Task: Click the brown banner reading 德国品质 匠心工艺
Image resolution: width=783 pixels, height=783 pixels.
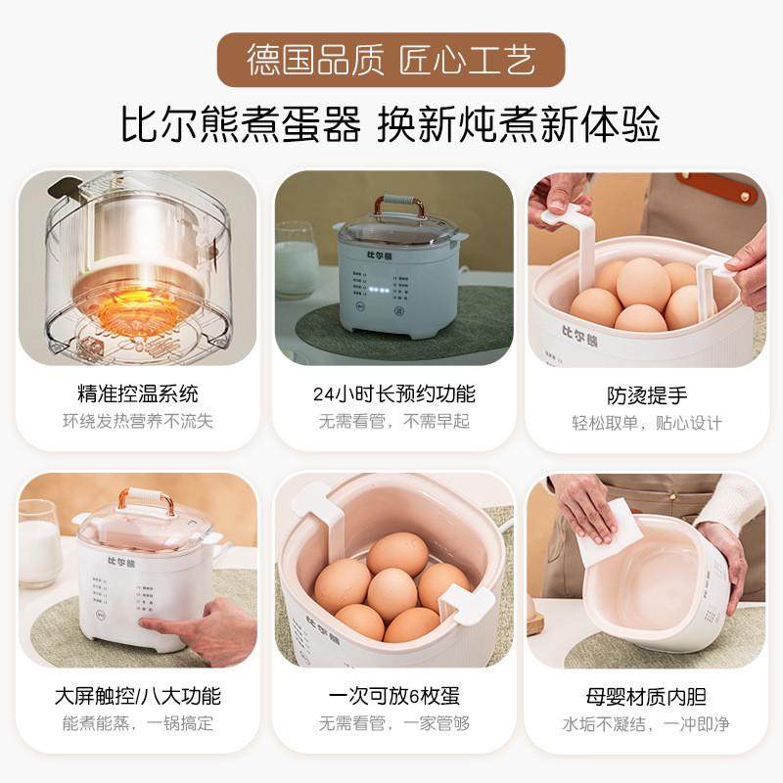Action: point(391,60)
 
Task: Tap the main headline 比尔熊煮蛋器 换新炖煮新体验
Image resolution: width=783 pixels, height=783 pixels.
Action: point(391,125)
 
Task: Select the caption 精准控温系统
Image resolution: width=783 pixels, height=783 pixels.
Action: point(138,394)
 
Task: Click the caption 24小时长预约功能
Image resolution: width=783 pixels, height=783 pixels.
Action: point(394,394)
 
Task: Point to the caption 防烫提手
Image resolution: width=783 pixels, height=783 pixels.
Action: point(647,395)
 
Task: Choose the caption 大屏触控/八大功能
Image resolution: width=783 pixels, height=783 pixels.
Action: point(138,697)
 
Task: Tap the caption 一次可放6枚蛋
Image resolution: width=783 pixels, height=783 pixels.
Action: point(394,697)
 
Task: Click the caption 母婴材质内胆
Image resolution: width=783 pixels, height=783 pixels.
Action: point(647,697)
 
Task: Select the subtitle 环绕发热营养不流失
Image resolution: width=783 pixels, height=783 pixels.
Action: point(138,422)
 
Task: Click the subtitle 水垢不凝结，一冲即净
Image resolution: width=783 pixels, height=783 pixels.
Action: point(647,724)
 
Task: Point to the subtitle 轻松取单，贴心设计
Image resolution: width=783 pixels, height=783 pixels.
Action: point(647,423)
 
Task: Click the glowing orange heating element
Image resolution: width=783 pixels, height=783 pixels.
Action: point(134,306)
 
